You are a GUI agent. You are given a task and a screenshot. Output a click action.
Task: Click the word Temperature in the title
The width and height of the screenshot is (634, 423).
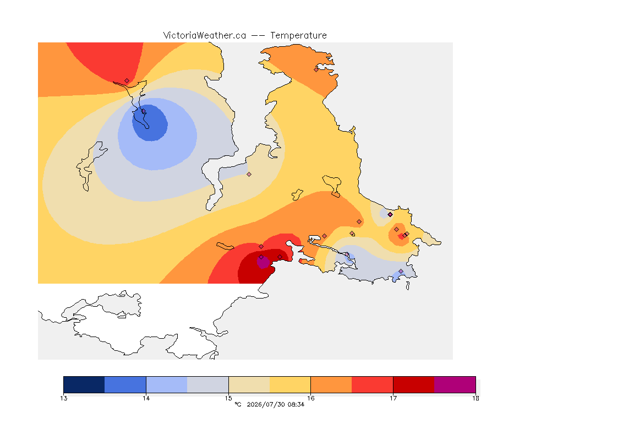click(298, 36)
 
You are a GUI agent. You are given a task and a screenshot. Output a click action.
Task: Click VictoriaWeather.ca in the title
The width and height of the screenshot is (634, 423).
click(205, 36)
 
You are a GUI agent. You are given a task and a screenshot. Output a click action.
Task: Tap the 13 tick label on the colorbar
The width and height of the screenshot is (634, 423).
click(63, 398)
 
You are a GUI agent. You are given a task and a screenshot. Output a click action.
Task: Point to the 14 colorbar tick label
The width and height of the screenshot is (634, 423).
click(146, 398)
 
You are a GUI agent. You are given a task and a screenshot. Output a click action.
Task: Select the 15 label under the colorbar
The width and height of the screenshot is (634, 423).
click(228, 398)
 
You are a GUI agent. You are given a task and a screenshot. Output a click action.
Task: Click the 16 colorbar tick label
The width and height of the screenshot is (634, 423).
click(310, 398)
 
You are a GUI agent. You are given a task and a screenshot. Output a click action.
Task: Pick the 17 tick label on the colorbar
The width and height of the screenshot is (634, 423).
click(393, 398)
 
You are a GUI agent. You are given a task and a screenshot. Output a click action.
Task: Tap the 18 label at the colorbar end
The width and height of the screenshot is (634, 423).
click(475, 398)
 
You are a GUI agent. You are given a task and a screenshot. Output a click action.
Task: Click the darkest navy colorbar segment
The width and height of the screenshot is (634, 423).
click(84, 384)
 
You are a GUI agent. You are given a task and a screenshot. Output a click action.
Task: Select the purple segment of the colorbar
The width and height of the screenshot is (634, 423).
click(455, 384)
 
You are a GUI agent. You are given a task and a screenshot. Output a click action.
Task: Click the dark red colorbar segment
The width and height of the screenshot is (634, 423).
click(414, 384)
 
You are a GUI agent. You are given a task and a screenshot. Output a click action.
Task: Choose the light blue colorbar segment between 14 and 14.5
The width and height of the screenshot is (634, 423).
click(167, 384)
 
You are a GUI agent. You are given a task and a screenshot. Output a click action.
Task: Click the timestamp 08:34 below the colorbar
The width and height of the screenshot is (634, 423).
click(296, 404)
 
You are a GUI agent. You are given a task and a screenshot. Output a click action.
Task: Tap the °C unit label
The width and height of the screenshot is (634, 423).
click(238, 404)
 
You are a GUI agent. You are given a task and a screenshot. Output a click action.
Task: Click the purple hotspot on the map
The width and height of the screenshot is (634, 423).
click(263, 262)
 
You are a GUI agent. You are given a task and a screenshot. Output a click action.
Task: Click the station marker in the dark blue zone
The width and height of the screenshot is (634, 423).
click(143, 111)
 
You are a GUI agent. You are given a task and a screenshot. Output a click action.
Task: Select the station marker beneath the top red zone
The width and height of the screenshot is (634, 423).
click(127, 81)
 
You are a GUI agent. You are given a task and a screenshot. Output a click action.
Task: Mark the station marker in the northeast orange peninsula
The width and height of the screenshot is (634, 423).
click(316, 69)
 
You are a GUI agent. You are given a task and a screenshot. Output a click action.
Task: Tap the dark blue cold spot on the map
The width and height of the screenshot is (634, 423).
click(150, 123)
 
